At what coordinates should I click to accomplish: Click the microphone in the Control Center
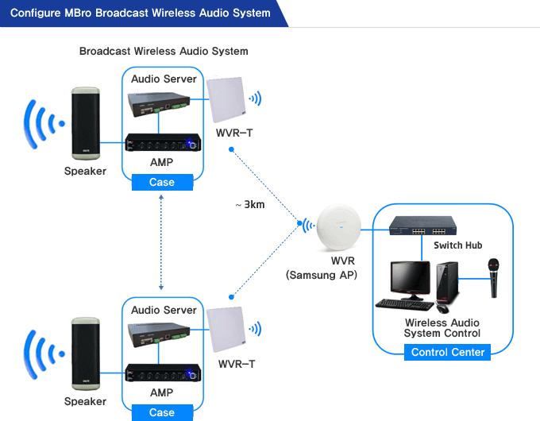493,278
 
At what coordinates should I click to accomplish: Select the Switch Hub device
423,226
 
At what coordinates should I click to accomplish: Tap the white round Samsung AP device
339,227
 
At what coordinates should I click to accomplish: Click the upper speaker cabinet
86,123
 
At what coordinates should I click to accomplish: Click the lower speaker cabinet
86,353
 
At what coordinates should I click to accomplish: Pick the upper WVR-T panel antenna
226,100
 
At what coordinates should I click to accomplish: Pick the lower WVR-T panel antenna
226,330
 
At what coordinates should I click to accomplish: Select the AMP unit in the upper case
163,142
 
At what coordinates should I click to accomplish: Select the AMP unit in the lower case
163,373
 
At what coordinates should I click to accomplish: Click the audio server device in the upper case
159,104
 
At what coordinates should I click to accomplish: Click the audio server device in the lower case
159,334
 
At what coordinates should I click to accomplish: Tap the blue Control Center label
447,352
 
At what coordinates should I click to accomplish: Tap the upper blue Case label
162,182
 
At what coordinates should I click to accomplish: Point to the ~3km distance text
250,205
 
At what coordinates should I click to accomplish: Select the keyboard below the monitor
405,304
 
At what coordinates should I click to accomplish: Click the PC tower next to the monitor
448,283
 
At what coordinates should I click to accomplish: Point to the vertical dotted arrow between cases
161,242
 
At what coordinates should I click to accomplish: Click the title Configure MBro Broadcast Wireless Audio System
141,13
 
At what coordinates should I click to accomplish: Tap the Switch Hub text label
457,245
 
